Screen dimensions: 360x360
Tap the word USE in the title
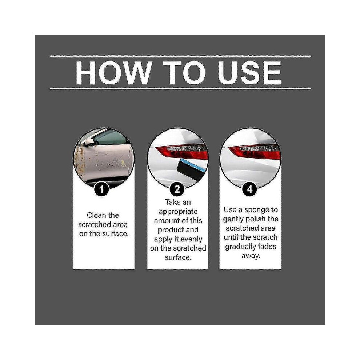[249, 73]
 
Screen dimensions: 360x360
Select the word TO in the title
[185, 73]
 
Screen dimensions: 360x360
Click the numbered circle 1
[101, 189]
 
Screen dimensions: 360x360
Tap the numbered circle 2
[177, 189]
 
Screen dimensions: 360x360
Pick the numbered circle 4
[249, 189]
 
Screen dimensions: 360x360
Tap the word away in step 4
[251, 256]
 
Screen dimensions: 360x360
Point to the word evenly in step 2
[191, 240]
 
